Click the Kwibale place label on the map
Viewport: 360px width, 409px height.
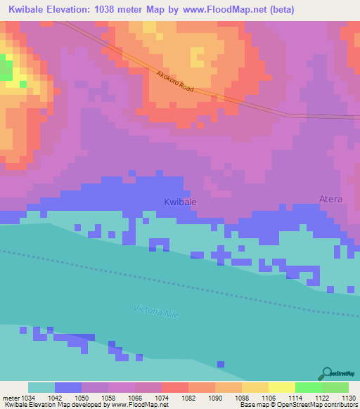[180, 202]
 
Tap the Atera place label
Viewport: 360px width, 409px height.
[330, 199]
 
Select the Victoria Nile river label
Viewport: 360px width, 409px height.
[156, 313]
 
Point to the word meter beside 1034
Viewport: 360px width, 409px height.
[11, 398]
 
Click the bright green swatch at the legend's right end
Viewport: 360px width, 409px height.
[335, 387]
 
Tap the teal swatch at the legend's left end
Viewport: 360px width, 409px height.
[41, 387]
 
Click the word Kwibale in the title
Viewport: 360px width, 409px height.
[27, 10]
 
